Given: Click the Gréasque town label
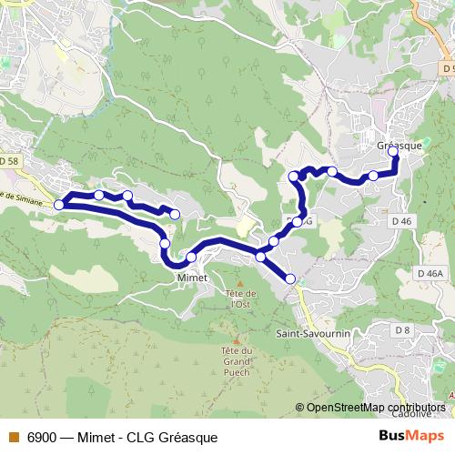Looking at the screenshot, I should pyautogui.click(x=398, y=145).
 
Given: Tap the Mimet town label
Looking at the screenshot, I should pyautogui.click(x=193, y=277).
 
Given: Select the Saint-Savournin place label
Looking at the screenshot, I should pyautogui.click(x=312, y=334).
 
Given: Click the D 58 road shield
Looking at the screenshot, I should pyautogui.click(x=9, y=161).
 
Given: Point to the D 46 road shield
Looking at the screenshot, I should pyautogui.click(x=402, y=220).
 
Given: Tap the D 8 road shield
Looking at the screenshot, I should pyautogui.click(x=403, y=329).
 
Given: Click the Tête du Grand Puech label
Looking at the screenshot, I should pyautogui.click(x=236, y=361).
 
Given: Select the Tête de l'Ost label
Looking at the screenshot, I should pyautogui.click(x=239, y=298).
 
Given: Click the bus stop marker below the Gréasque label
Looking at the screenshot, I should pyautogui.click(x=394, y=153).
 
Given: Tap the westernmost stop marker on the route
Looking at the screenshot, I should pyautogui.click(x=59, y=205).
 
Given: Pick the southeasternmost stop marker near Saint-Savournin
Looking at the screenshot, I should pyautogui.click(x=290, y=278).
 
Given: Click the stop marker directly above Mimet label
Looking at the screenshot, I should pyautogui.click(x=191, y=258).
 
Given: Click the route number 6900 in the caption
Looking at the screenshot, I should pyautogui.click(x=40, y=437).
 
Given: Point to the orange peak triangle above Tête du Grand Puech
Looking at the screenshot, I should pyautogui.click(x=235, y=339).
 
